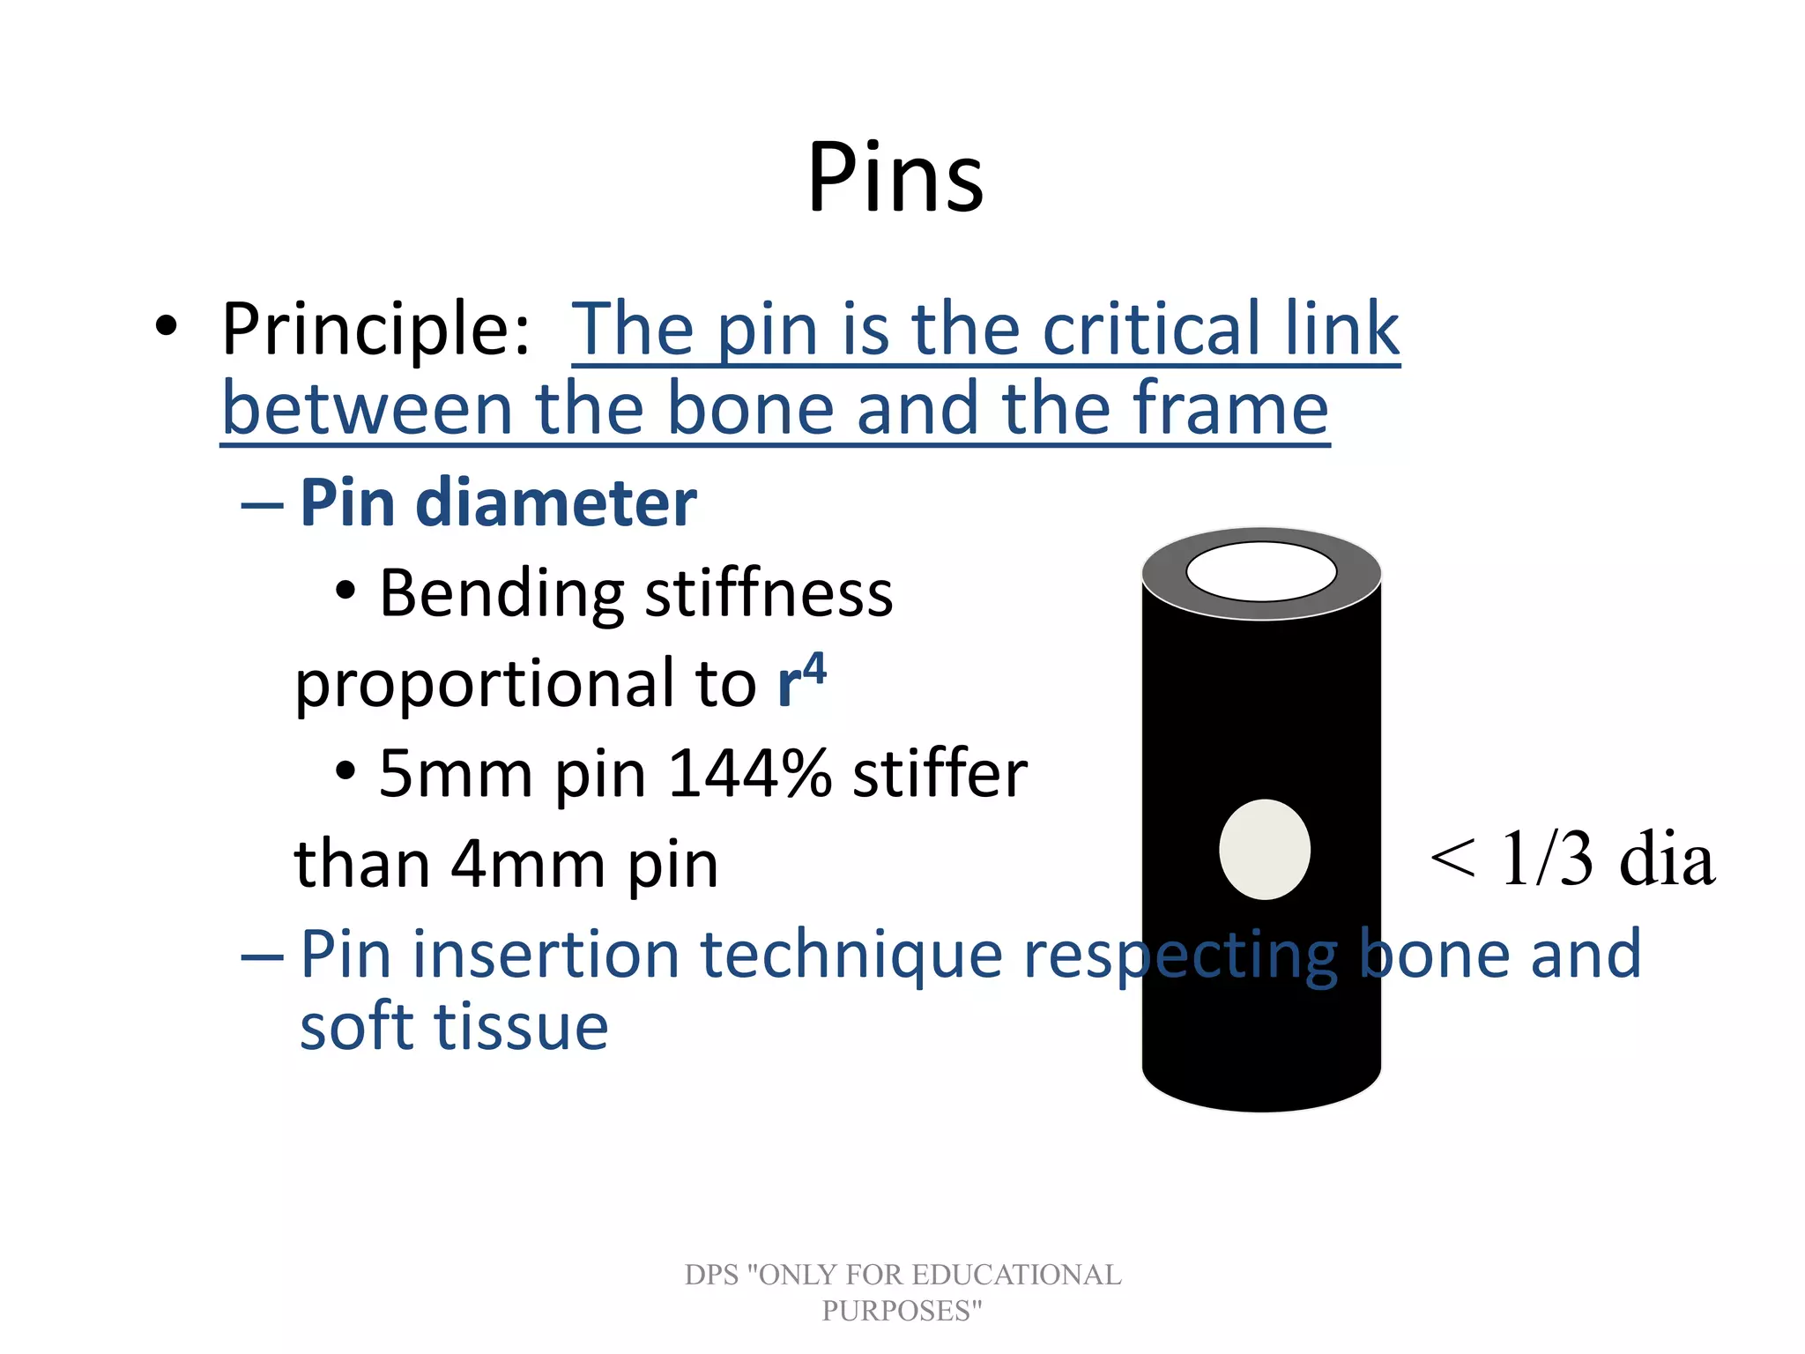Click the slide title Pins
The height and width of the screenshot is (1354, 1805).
[x=895, y=179]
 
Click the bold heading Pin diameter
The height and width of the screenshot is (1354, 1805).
[x=498, y=502]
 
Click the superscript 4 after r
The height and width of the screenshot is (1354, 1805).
[x=815, y=668]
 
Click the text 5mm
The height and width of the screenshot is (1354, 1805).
[x=456, y=774]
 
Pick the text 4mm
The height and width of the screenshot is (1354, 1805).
[x=528, y=865]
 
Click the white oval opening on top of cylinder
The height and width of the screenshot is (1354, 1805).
[x=1261, y=571]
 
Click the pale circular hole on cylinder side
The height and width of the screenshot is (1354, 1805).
[x=1264, y=849]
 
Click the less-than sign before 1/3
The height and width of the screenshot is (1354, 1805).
[x=1452, y=859]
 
